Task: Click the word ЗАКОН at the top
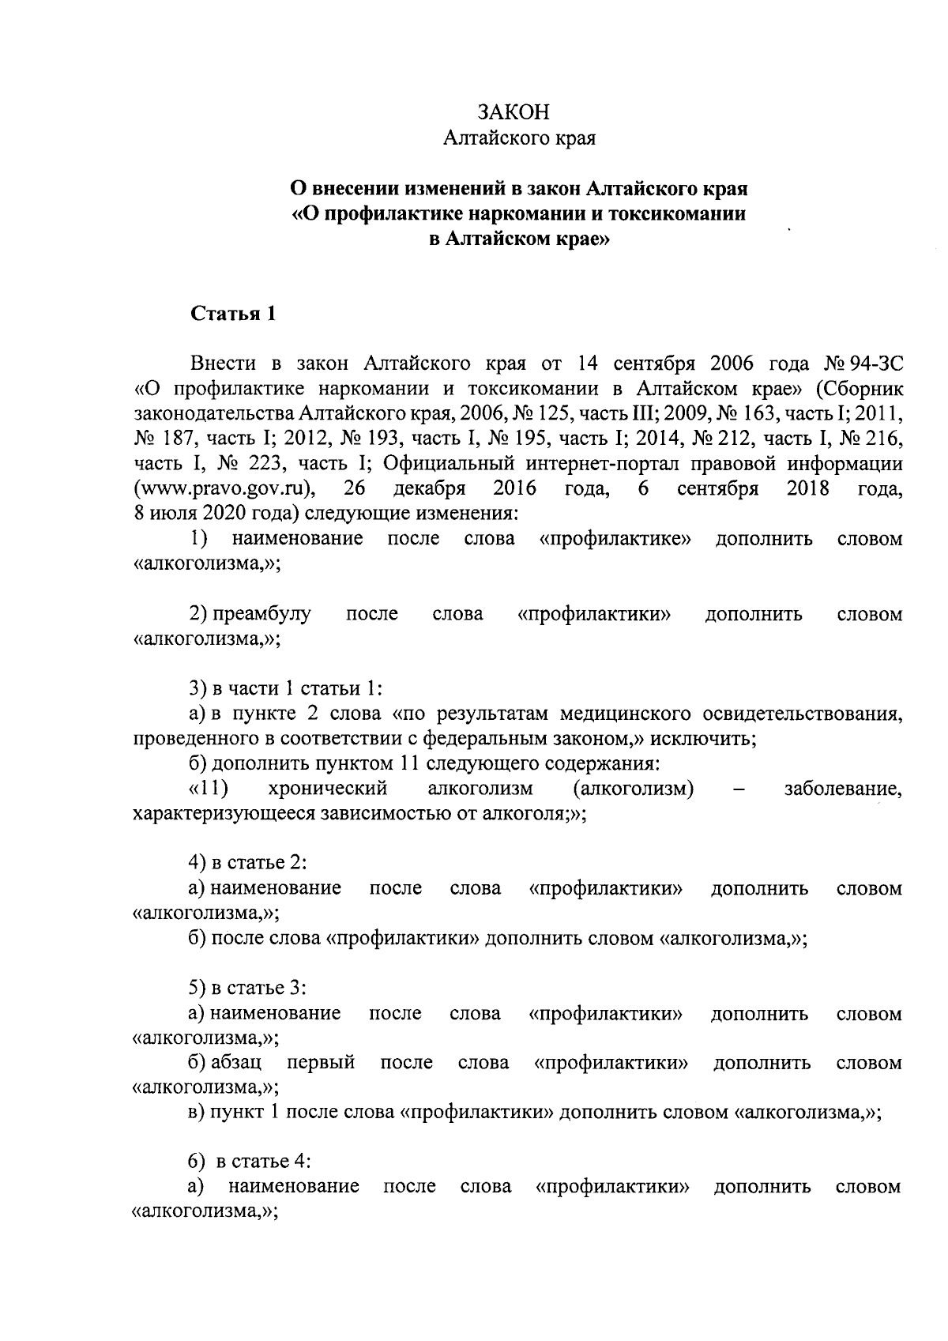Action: click(x=518, y=111)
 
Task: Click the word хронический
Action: click(x=327, y=789)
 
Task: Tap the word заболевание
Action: click(x=842, y=789)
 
